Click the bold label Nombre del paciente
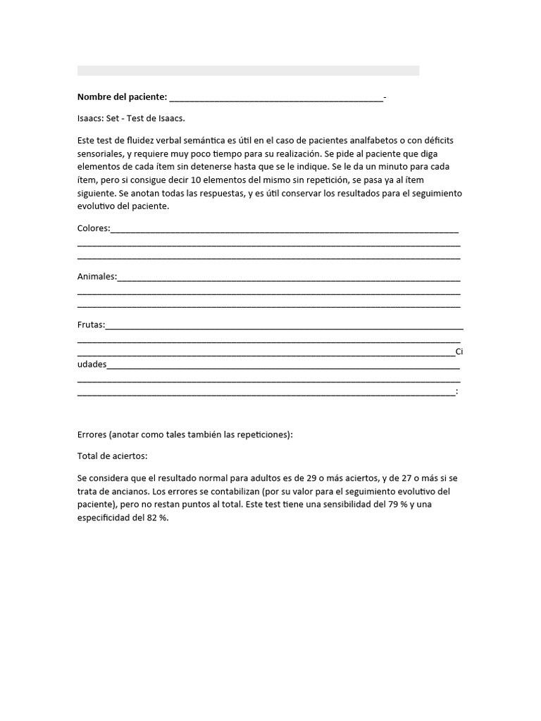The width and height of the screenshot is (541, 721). pyautogui.click(x=122, y=96)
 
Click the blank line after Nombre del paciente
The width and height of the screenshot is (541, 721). pyautogui.click(x=276, y=98)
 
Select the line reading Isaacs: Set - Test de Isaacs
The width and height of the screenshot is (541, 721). pyautogui.click(x=131, y=118)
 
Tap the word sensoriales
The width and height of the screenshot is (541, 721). pyautogui.click(x=100, y=153)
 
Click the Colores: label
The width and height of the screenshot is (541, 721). pyautogui.click(x=94, y=228)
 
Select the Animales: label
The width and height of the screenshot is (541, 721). pyautogui.click(x=97, y=276)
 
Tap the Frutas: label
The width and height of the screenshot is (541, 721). pyautogui.click(x=92, y=325)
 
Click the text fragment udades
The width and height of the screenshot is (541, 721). pyautogui.click(x=92, y=364)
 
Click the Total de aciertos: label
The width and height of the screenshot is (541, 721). pyautogui.click(x=112, y=456)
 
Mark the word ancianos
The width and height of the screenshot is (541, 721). pyautogui.click(x=120, y=491)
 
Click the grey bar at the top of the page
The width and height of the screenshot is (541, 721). pyautogui.click(x=248, y=70)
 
